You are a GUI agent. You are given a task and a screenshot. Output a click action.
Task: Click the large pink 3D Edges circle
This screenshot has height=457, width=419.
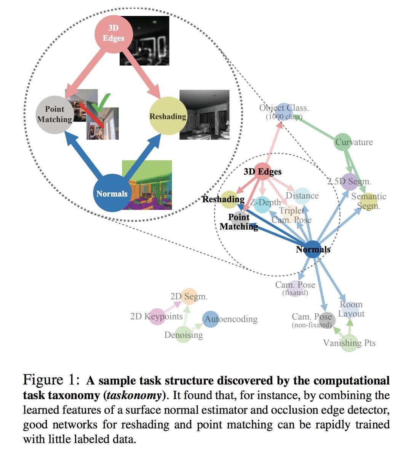coord(114,34)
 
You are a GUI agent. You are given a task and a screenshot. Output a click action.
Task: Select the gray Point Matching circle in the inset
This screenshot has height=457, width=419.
coord(55,115)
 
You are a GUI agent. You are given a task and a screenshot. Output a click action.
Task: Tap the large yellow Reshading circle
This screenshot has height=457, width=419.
coord(168,116)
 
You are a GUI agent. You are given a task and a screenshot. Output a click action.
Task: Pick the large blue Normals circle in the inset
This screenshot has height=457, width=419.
coord(112,193)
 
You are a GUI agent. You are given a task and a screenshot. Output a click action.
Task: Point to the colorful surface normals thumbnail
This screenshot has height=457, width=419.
coord(147,185)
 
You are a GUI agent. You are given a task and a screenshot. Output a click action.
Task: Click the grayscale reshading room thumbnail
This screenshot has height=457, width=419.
coord(205,115)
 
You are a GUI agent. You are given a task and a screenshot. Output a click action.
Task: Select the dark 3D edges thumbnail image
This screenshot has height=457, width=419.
coord(144,40)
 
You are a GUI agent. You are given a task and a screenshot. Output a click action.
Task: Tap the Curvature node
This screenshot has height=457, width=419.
coord(343,142)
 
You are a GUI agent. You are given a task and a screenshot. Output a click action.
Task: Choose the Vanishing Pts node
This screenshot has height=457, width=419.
coord(349,343)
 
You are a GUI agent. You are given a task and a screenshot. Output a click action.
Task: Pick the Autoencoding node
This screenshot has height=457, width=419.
coord(211,319)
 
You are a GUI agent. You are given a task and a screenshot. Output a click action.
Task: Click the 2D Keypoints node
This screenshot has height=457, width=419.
coord(157,316)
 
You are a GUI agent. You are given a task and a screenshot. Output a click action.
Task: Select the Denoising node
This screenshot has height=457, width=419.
coord(183,334)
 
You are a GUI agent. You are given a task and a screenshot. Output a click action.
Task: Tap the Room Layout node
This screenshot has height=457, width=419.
coord(350,309)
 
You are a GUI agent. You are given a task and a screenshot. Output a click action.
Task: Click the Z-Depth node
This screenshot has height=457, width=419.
coord(262,205)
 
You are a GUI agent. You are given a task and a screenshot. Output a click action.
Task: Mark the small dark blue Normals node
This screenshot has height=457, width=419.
coord(313,249)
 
